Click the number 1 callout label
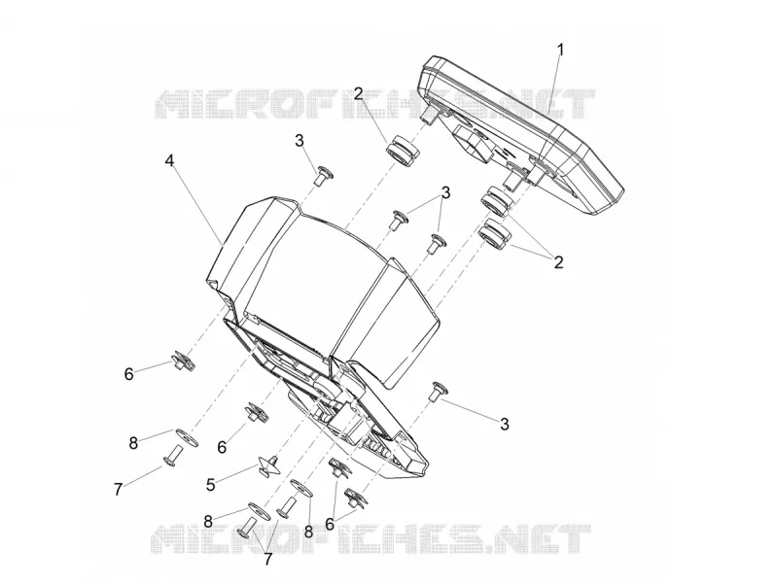click(561, 51)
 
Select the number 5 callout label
click(211, 484)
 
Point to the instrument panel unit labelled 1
click(521, 134)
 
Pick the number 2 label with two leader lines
click(558, 262)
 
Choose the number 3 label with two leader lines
click(445, 192)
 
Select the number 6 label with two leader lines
click(330, 524)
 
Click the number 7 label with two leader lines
click(268, 559)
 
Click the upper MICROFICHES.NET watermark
click(375, 104)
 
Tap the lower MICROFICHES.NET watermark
click(371, 539)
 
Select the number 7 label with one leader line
click(118, 490)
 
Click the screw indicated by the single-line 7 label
click(173, 456)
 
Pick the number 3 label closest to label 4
click(300, 140)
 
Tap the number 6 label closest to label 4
click(129, 374)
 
